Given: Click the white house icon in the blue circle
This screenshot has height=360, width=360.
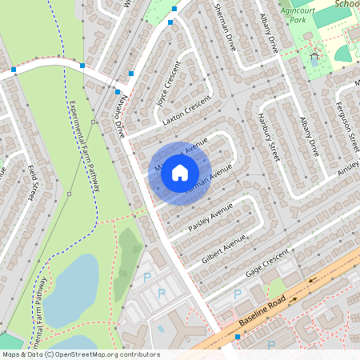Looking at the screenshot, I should pyautogui.click(x=180, y=171).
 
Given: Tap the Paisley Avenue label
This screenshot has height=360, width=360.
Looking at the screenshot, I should pyautogui.click(x=210, y=217).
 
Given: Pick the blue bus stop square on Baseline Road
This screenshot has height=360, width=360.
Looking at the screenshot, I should pyautogui.click(x=237, y=337).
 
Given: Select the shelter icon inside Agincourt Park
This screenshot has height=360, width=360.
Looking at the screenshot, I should pyautogui.click(x=314, y=58).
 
